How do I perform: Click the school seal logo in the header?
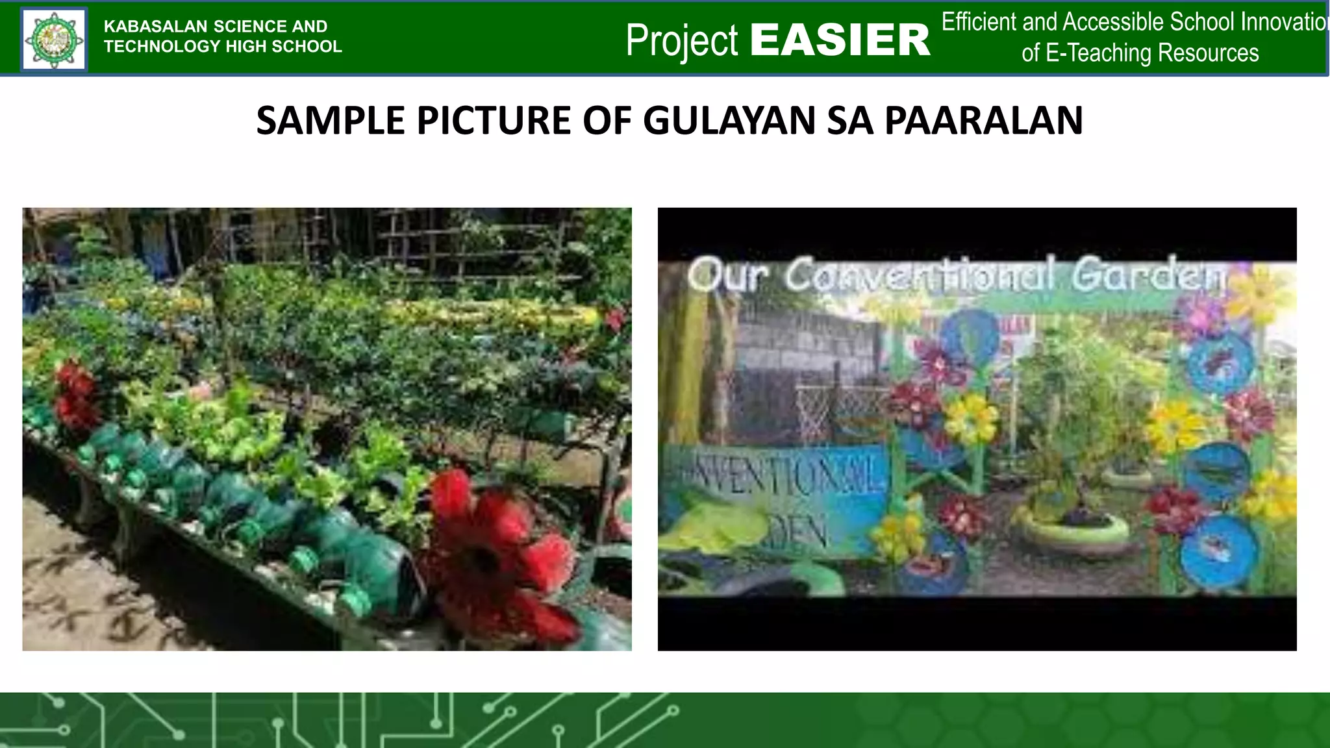point(54,40)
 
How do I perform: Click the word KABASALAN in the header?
point(155,27)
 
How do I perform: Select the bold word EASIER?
point(840,40)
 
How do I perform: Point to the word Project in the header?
point(681,40)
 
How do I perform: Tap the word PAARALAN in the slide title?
point(983,121)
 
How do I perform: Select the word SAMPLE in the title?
point(331,121)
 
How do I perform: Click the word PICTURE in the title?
point(494,121)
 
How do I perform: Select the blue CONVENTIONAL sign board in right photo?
point(776,497)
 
